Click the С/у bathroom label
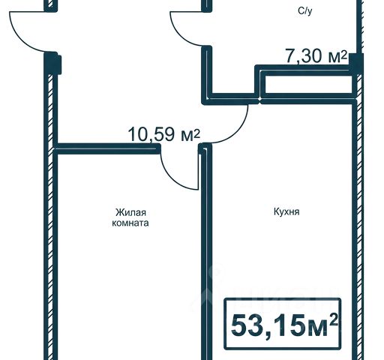pyautogui.click(x=304, y=11)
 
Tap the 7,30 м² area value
pyautogui.click(x=316, y=56)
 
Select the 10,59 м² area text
pyautogui.click(x=164, y=134)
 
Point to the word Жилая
pyautogui.click(x=130, y=213)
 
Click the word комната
pyautogui.click(x=130, y=223)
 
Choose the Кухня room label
pyautogui.click(x=286, y=212)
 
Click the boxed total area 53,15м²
pyautogui.click(x=283, y=324)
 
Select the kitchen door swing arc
pyautogui.click(x=238, y=130)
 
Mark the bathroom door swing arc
pyautogui.click(x=181, y=34)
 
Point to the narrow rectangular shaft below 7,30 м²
pyautogui.click(x=307, y=85)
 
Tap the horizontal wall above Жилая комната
pyautogui.click(x=107, y=148)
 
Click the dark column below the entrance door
pyautogui.click(x=52, y=63)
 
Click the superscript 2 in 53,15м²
pyautogui.click(x=334, y=320)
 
